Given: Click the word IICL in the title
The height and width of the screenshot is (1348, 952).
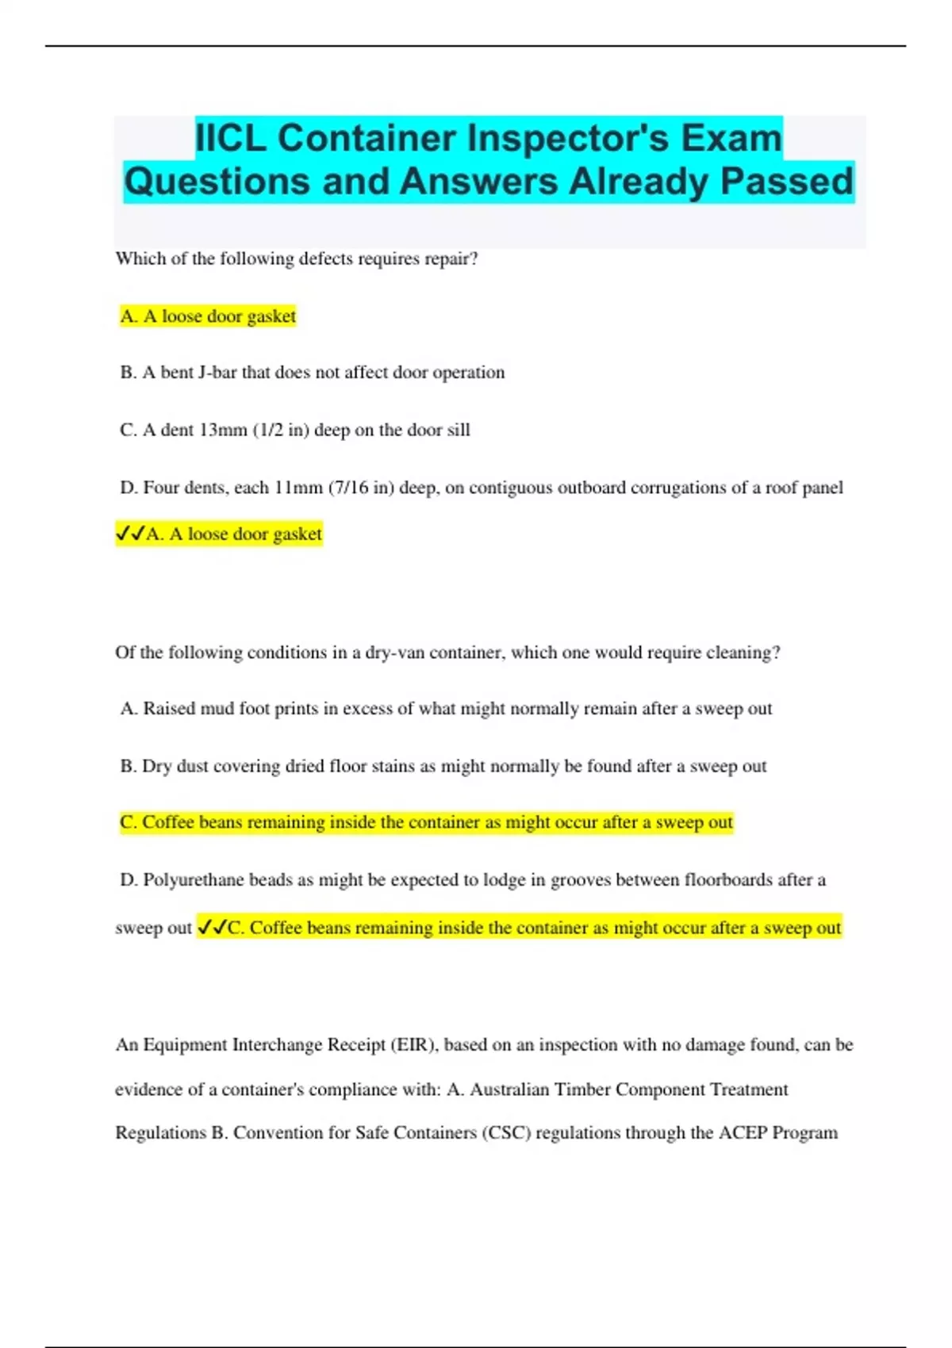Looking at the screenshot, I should click(232, 138).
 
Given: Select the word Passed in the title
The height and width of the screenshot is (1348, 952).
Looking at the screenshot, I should click(786, 181).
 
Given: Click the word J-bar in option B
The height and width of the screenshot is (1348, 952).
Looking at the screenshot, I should click(217, 373).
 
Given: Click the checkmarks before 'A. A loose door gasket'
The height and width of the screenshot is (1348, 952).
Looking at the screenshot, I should click(130, 534).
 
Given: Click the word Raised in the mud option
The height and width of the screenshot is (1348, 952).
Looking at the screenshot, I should click(169, 709).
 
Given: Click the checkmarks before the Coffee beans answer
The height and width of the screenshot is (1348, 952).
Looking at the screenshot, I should click(212, 928).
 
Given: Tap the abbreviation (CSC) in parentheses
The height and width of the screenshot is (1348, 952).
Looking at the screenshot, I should click(506, 1133).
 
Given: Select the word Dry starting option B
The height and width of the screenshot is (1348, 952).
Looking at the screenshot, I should click(156, 767).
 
